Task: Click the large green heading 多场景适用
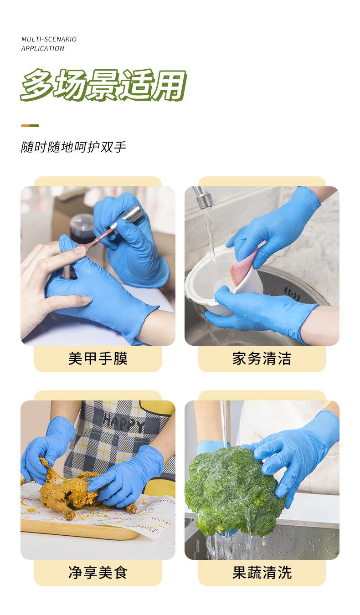tap(103, 85)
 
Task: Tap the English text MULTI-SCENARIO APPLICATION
tap(49, 44)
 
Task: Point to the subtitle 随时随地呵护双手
tap(73, 147)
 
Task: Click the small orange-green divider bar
tap(30, 126)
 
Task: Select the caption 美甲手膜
tap(98, 359)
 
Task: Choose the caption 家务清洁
tap(262, 359)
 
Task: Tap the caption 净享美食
tap(98, 573)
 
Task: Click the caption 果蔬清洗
tap(262, 573)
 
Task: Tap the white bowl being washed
tap(210, 278)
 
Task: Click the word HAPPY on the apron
tap(123, 423)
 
